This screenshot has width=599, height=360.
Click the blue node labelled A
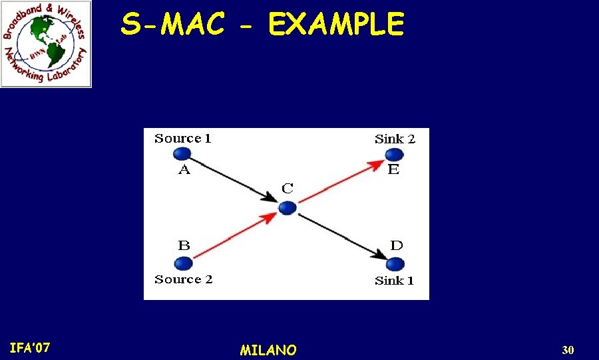(x=181, y=155)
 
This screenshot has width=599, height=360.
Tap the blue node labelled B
(x=183, y=263)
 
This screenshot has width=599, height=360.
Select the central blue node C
(x=287, y=208)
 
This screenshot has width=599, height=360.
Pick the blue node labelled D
(x=395, y=263)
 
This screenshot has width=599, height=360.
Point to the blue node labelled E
(x=394, y=155)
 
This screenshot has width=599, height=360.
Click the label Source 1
(x=183, y=139)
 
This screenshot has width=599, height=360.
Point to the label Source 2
(x=184, y=279)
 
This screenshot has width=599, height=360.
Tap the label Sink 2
(x=395, y=139)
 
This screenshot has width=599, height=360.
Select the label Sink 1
(x=394, y=281)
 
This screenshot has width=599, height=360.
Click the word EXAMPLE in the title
(x=335, y=25)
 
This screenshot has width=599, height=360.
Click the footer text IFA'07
(x=30, y=347)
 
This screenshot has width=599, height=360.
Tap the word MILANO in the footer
(x=268, y=350)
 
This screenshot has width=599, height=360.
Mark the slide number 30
(x=568, y=350)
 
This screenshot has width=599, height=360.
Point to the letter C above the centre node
(x=287, y=189)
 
